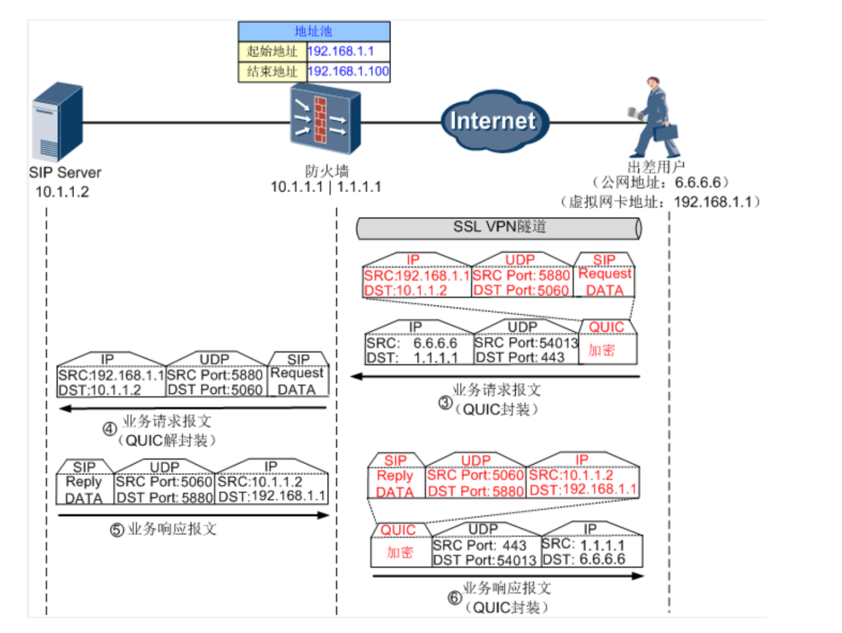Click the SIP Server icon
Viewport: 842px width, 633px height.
[x=57, y=123]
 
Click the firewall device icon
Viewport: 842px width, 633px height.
[x=325, y=121]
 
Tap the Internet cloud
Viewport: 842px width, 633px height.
[x=493, y=121]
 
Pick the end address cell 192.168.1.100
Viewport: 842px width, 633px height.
[x=348, y=71]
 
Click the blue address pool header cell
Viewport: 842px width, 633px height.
[x=314, y=31]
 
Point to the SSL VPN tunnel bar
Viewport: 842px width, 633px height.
[x=498, y=228]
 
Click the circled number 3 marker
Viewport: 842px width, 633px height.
[x=445, y=403]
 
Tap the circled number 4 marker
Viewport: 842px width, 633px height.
[x=109, y=429]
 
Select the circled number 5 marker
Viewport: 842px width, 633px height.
[x=116, y=529]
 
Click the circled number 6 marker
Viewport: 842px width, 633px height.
[x=454, y=598]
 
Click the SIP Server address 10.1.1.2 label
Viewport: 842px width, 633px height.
[x=62, y=192]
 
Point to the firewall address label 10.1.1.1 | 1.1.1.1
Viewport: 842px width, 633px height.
[x=326, y=187]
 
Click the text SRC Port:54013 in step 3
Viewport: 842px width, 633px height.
[x=526, y=343]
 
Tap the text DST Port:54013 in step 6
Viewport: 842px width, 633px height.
[x=485, y=560]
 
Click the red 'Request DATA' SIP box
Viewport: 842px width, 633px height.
[x=605, y=282]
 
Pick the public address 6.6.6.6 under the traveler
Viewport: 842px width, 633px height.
[x=698, y=183]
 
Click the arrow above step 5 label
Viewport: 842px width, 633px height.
[x=193, y=515]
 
